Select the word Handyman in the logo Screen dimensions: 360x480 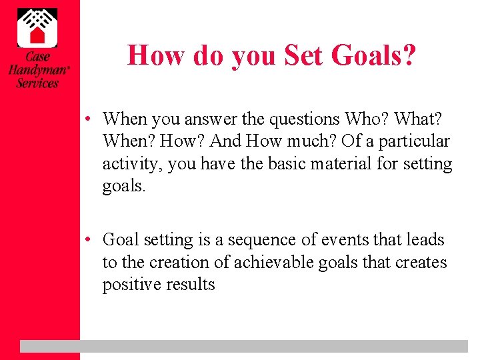37,70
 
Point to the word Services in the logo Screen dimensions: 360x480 37,83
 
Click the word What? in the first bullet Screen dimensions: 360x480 423,119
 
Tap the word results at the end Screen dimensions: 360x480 190,285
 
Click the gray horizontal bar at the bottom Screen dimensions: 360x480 243,346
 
